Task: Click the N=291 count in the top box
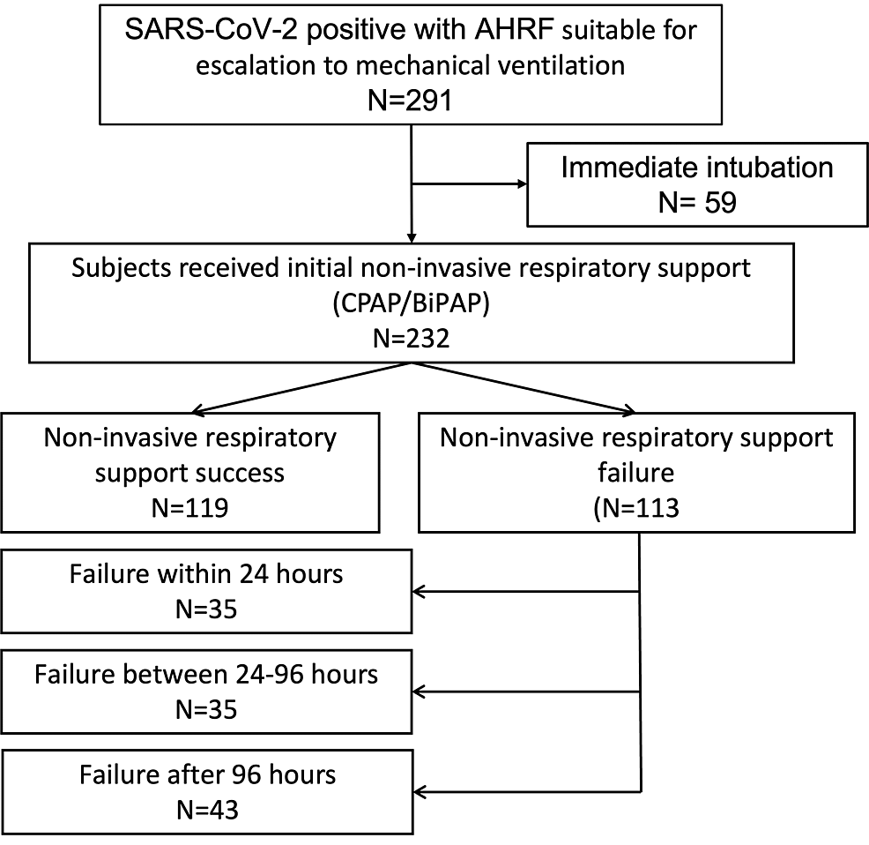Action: coord(410,101)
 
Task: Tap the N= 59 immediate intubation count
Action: coord(697,203)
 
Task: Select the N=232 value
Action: coord(412,338)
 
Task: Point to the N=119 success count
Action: coord(190,508)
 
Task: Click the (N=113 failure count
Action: coord(636,508)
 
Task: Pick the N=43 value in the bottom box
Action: coord(207,810)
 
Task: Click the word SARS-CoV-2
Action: coord(212,29)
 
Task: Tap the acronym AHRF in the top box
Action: coord(514,29)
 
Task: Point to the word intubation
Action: coord(767,167)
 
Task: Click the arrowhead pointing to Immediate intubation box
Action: coord(522,183)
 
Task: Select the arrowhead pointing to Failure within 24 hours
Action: coord(419,592)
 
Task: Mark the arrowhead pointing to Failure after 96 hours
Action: coord(420,792)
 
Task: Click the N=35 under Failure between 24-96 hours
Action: coord(206,710)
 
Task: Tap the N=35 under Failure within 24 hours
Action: coord(206,609)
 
